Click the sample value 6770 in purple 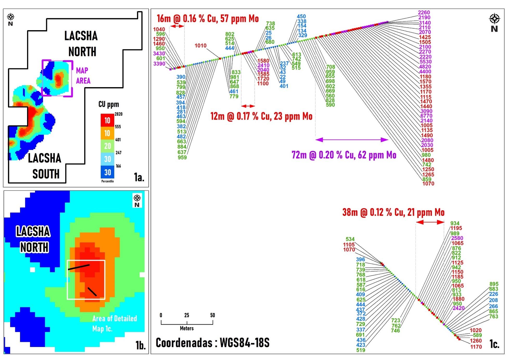(x=426, y=116)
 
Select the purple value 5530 (x=425, y=62)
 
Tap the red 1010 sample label (x=200, y=46)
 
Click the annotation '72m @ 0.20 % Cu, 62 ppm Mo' (x=344, y=155)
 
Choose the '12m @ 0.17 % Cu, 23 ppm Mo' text (x=261, y=116)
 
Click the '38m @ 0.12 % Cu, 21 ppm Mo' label (x=393, y=213)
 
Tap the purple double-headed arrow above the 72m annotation (x=352, y=140)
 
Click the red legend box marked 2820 (x=107, y=120)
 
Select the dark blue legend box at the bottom (x=107, y=172)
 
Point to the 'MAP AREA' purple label (x=83, y=75)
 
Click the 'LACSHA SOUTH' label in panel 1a (x=45, y=166)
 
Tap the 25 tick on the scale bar (x=187, y=315)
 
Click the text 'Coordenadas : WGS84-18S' (x=212, y=343)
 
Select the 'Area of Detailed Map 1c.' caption (x=114, y=323)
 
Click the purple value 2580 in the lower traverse (x=457, y=238)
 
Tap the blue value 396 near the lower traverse (x=360, y=259)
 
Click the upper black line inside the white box (x=79, y=267)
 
